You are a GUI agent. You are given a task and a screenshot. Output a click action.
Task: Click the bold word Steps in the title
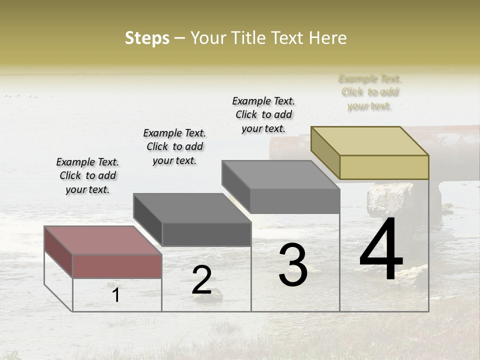click(x=147, y=38)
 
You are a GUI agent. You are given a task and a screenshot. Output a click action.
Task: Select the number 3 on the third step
click(x=293, y=265)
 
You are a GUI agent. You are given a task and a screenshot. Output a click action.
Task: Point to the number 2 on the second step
click(x=201, y=280)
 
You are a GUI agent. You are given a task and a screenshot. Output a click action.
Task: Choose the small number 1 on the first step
click(x=116, y=295)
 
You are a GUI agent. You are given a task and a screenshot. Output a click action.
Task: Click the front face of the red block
click(x=117, y=266)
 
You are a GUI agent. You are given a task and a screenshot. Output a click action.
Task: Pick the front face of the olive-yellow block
click(x=384, y=167)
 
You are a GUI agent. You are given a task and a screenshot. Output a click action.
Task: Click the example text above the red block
click(x=87, y=175)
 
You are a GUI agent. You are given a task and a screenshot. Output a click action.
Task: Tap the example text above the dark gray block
click(x=174, y=146)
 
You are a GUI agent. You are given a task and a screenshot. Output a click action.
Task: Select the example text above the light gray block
click(x=263, y=114)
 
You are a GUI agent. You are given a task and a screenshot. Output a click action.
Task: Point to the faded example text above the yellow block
click(x=370, y=92)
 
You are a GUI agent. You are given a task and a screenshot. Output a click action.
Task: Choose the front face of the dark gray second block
click(x=206, y=234)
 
